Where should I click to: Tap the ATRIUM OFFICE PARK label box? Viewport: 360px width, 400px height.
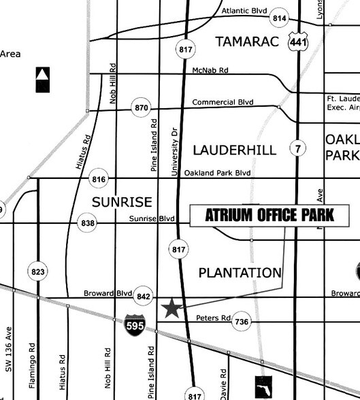[269, 216]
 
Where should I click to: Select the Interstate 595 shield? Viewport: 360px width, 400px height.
[134, 324]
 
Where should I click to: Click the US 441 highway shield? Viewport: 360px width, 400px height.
[295, 42]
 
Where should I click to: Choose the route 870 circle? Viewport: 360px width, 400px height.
[142, 107]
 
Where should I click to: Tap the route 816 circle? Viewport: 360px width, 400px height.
[99, 179]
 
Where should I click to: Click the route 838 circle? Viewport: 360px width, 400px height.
[87, 223]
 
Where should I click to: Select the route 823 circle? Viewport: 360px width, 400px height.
[38, 272]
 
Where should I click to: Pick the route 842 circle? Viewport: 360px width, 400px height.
[143, 296]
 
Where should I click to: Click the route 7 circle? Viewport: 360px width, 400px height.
[297, 148]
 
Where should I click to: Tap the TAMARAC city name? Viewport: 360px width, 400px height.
[247, 42]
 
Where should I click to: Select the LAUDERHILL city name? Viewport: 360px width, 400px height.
[235, 150]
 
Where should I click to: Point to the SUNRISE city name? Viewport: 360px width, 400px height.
[122, 202]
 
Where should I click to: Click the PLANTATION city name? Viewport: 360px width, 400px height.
[240, 273]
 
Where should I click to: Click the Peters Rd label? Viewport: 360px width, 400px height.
[213, 318]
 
